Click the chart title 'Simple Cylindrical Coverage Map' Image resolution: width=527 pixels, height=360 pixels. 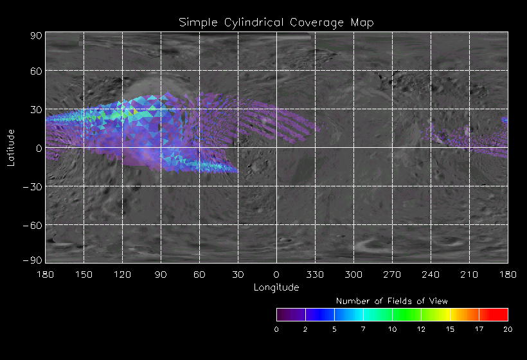tap(276, 22)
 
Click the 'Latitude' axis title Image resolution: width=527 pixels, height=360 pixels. tap(11, 147)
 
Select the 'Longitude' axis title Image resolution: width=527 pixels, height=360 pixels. tap(276, 287)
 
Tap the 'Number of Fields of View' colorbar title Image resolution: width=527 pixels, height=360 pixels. tap(392, 301)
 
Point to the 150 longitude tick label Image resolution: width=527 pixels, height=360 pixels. tap(84, 275)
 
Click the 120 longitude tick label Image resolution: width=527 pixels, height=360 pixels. tap(122, 275)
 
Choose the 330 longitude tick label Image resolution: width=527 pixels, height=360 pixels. tap(315, 275)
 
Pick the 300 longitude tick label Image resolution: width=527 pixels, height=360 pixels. tap(353, 275)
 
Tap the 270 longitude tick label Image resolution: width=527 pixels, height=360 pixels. tap(392, 275)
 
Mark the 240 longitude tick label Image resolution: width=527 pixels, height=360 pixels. tap(431, 275)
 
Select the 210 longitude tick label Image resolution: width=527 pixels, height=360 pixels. tap(469, 275)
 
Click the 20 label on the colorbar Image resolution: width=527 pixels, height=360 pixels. tap(508, 329)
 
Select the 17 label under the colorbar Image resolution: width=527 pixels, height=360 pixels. tap(479, 329)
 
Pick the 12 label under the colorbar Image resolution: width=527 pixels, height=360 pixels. tap(421, 329)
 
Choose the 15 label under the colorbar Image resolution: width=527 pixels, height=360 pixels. tap(450, 329)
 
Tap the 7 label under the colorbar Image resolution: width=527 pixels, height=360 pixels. tap(363, 329)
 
